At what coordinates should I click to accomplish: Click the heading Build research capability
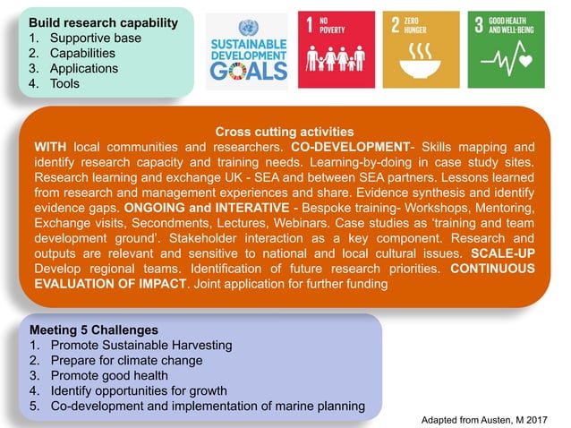[x=103, y=21]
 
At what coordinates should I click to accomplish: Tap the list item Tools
[x=64, y=83]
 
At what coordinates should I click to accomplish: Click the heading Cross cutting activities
[x=285, y=132]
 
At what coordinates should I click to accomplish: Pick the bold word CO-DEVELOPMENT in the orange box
[x=349, y=147]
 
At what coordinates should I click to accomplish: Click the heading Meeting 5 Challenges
[x=93, y=329]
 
